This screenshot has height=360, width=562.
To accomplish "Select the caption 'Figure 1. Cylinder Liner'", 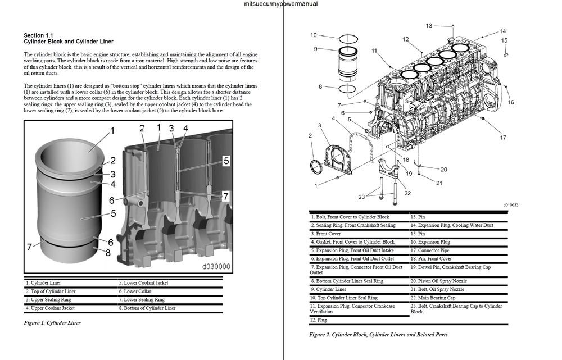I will (52, 323).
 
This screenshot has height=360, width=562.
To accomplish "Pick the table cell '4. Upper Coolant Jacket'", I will (50, 308).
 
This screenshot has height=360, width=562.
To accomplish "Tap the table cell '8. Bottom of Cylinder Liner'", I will (147, 308).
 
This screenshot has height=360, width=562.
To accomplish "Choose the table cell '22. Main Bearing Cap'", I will (433, 298).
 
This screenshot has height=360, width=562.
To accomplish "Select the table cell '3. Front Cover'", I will (326, 234).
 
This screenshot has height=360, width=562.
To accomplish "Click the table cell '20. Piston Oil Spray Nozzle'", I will (439, 281).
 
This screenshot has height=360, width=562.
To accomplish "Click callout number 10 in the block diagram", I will (314, 35).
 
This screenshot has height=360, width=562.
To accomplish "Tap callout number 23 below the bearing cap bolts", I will (361, 197).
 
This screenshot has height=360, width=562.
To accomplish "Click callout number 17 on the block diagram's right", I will (503, 138).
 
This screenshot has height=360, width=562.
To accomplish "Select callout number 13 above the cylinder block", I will (429, 25).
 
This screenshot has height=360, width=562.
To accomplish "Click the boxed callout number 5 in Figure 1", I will (225, 161).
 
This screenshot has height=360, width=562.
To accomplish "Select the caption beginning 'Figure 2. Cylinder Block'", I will (378, 335).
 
